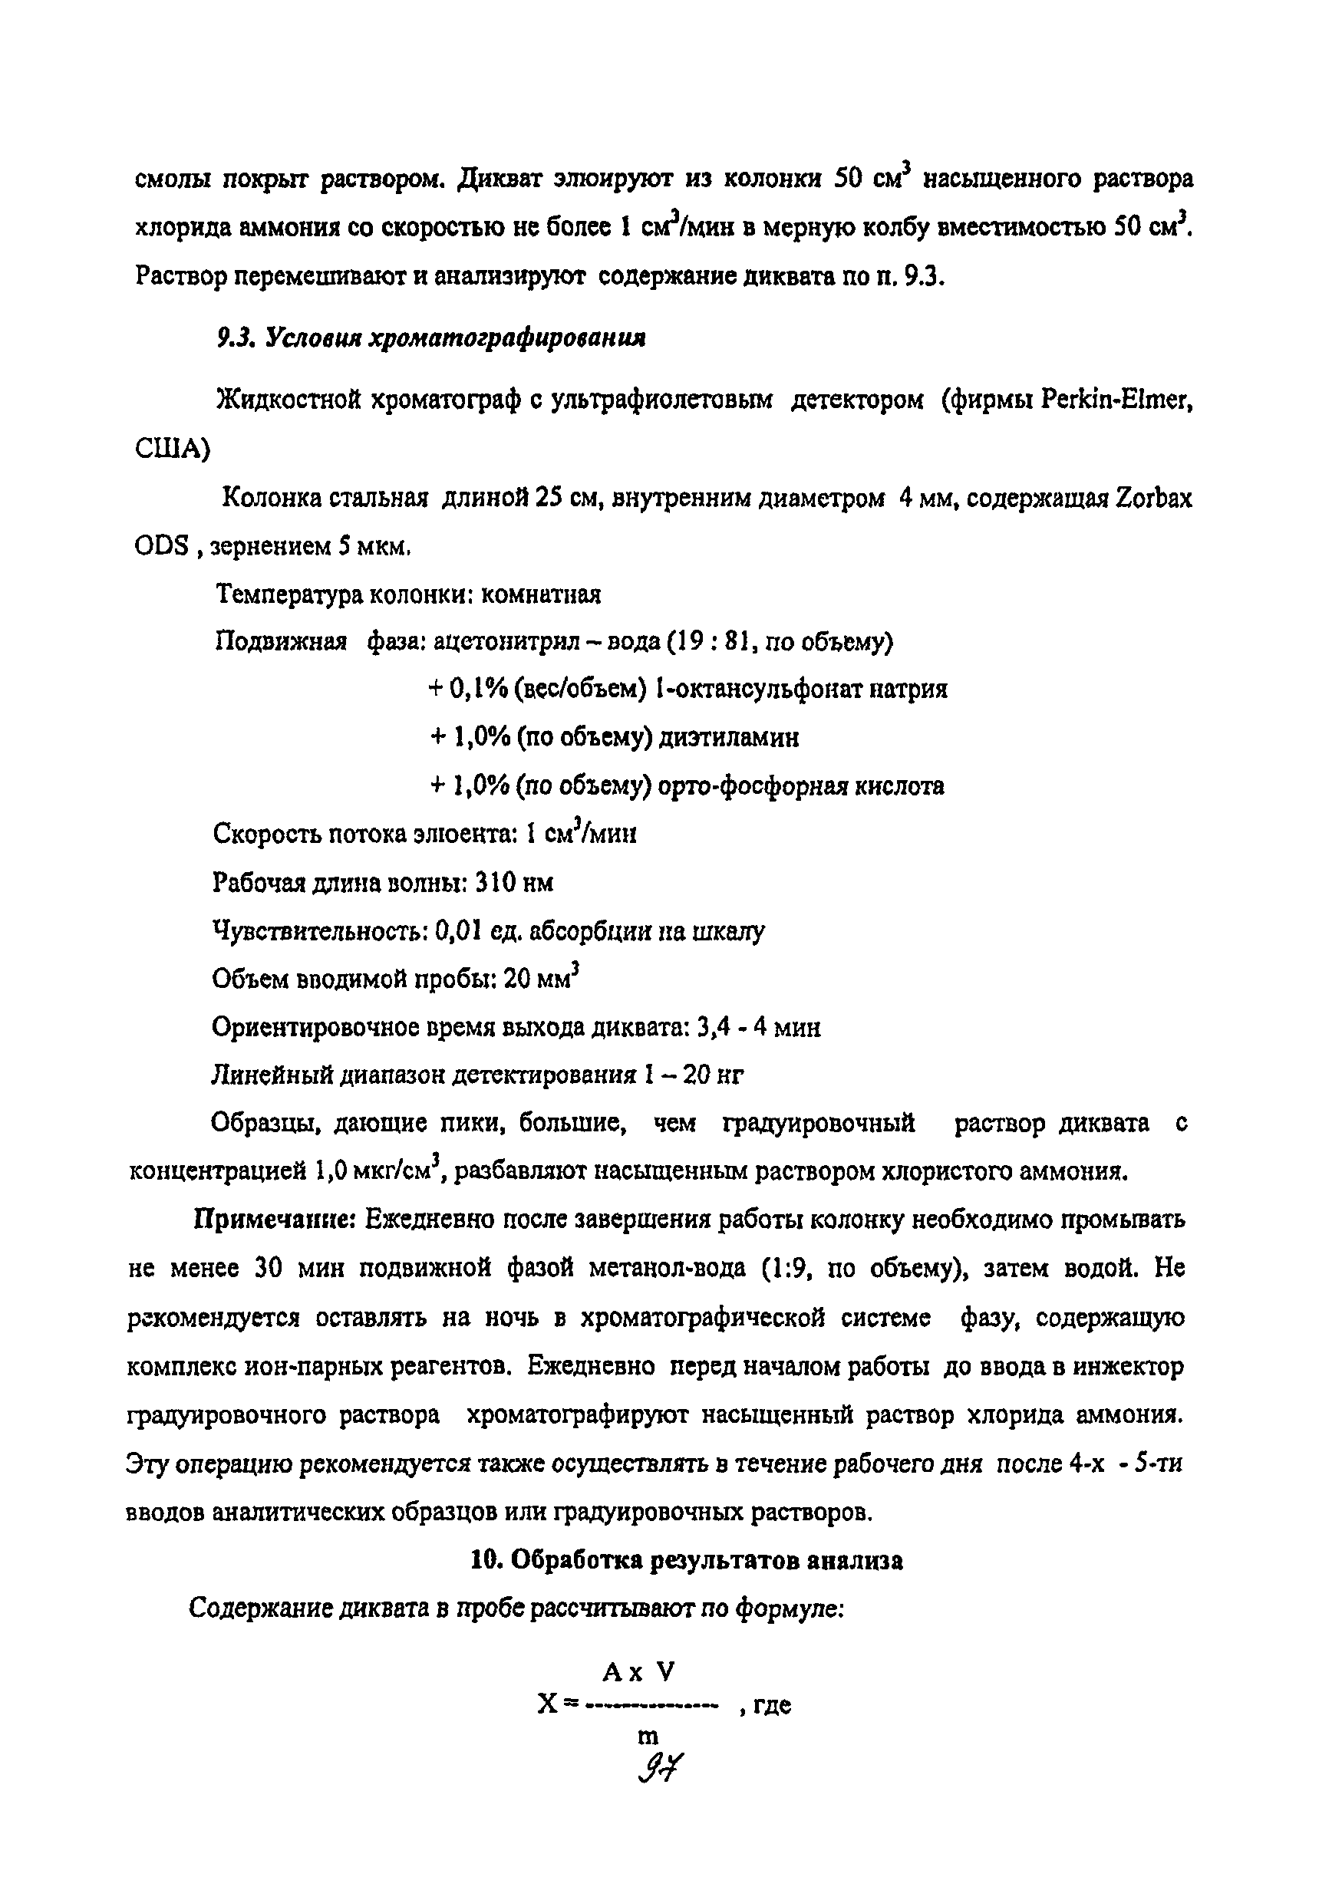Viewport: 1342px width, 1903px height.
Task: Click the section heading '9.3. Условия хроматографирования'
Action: (431, 339)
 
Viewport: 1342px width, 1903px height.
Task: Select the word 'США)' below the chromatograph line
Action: (173, 449)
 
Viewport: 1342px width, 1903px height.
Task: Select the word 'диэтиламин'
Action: (729, 738)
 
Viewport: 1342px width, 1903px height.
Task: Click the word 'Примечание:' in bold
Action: (275, 1220)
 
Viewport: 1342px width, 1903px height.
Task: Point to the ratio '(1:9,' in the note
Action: (785, 1269)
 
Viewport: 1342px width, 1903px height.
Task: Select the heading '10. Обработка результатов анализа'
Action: (686, 1561)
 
